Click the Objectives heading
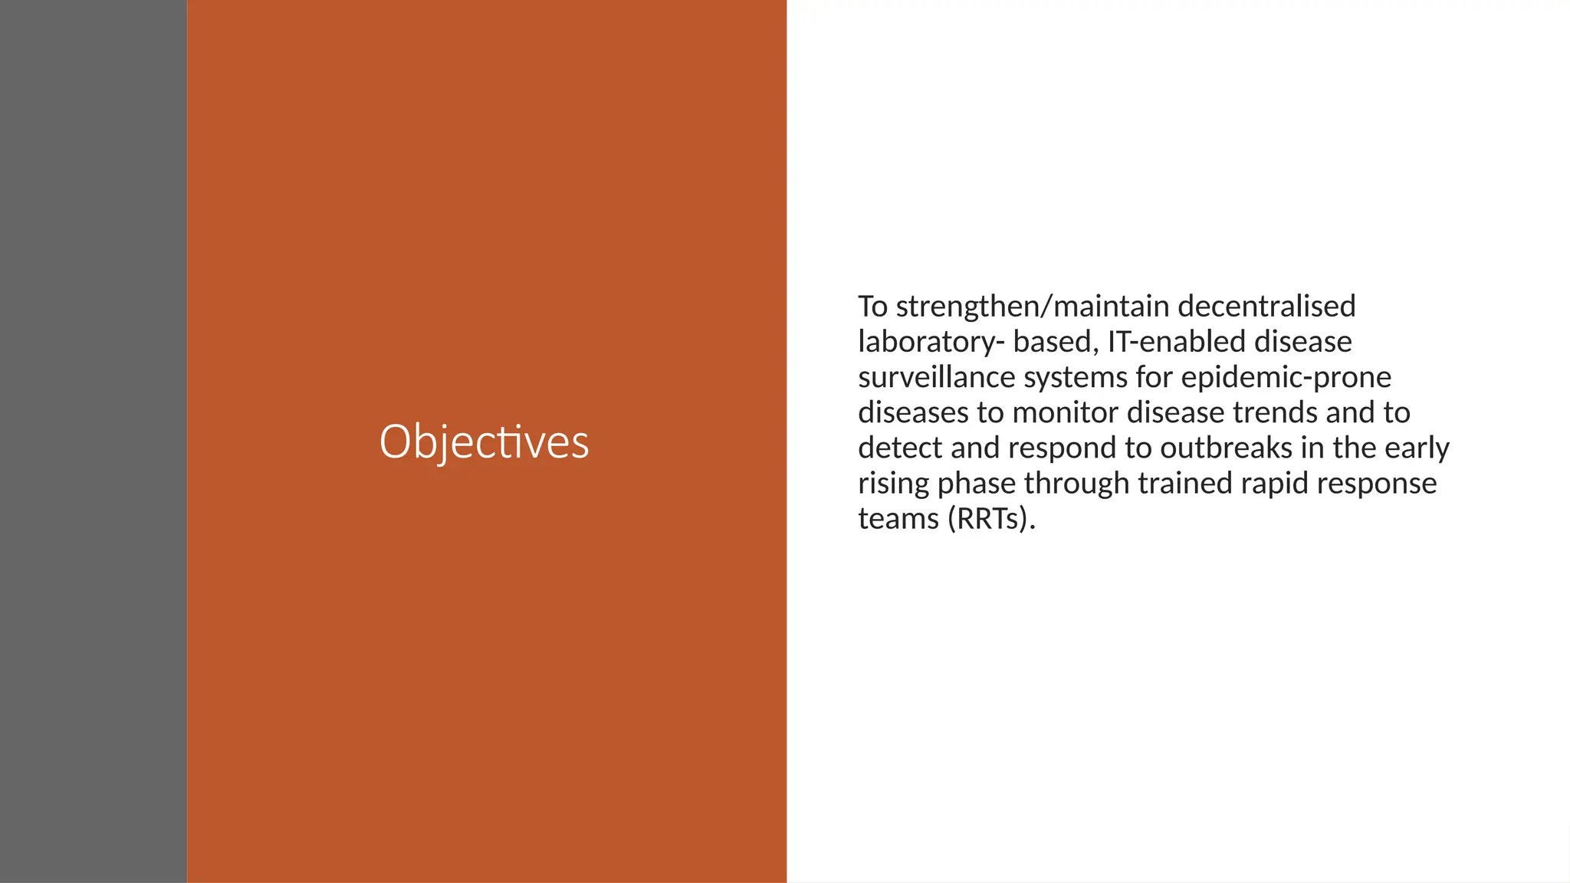click(x=484, y=442)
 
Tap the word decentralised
click(x=1266, y=307)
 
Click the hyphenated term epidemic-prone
click(x=1286, y=377)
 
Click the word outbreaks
click(x=1226, y=448)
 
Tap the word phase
click(x=976, y=484)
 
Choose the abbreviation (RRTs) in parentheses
click(x=991, y=519)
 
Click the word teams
click(x=898, y=519)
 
